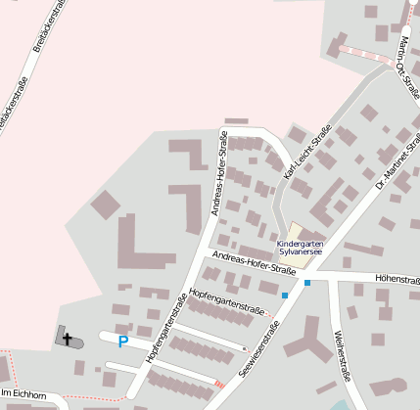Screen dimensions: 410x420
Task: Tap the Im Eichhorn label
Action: point(23,393)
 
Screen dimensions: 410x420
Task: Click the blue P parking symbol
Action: point(122,342)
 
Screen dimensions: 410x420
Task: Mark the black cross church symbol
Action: point(68,340)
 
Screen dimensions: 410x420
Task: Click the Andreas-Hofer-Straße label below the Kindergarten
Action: point(254,263)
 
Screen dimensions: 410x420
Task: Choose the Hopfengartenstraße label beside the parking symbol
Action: point(165,335)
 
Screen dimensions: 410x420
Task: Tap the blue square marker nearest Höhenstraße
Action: point(307,283)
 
